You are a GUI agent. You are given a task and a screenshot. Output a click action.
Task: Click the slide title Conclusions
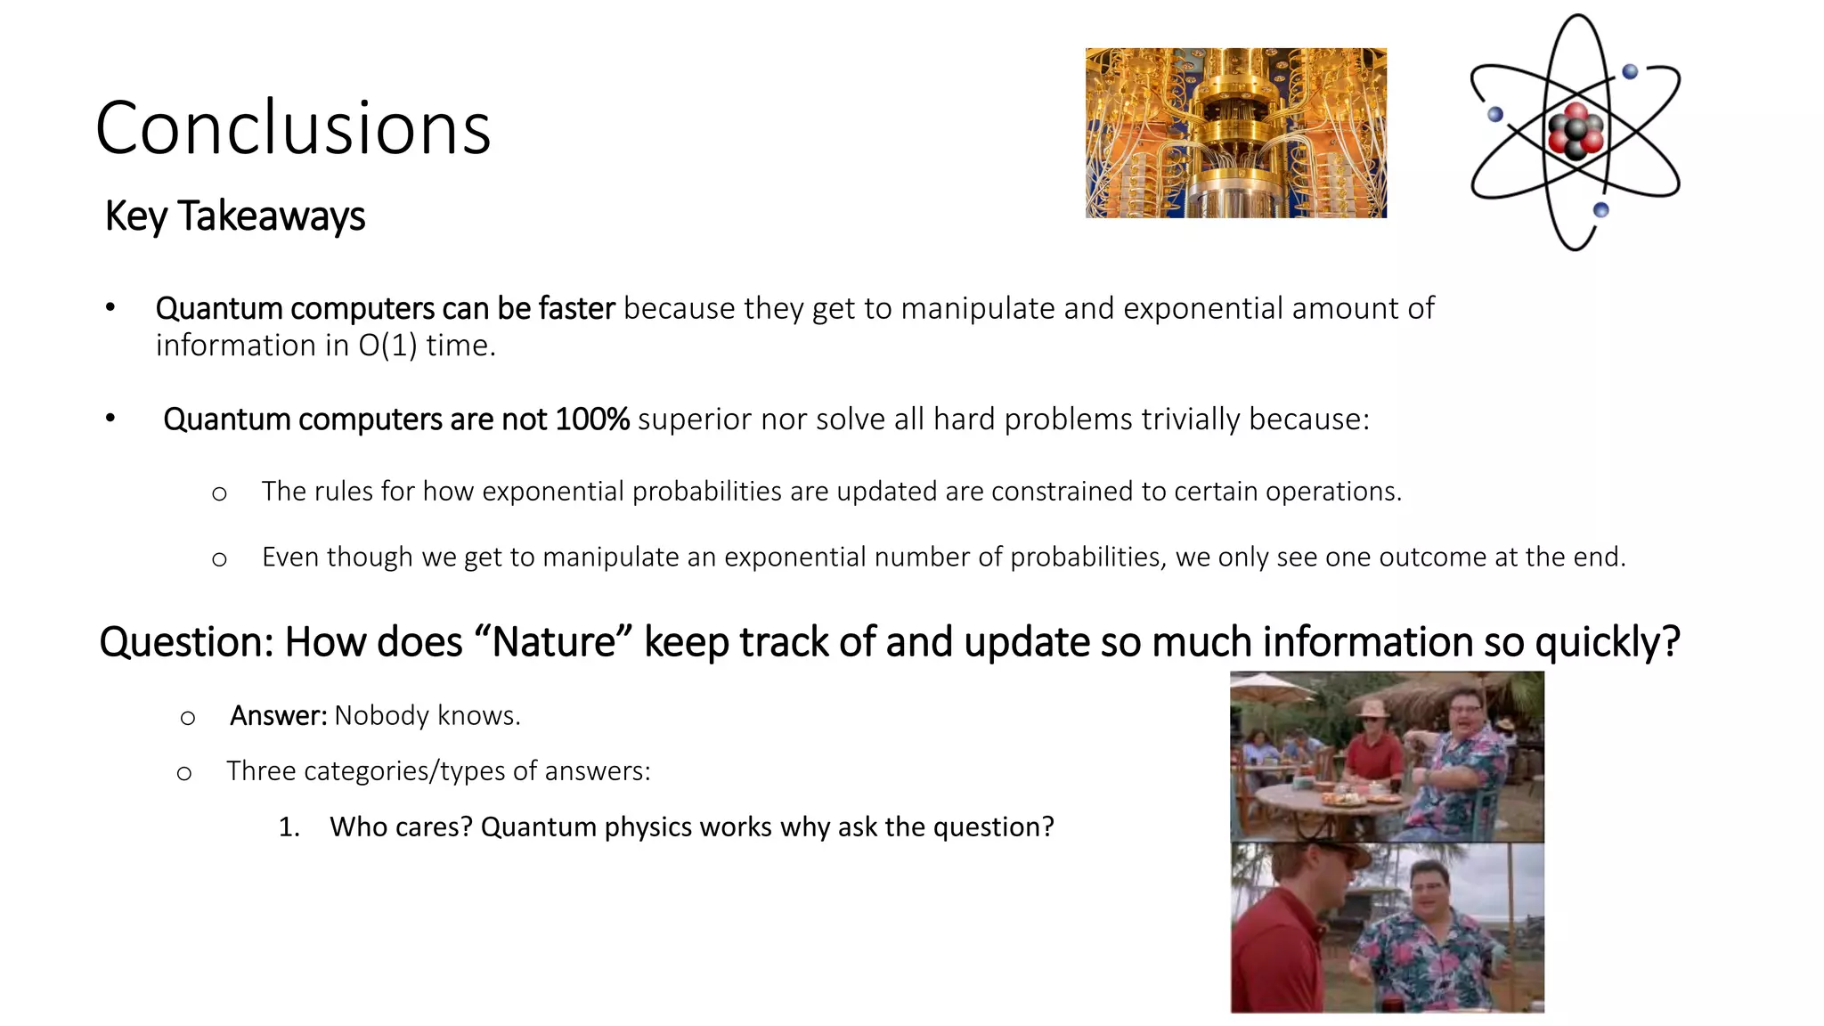(x=293, y=128)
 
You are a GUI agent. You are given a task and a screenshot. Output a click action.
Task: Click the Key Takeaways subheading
(x=235, y=216)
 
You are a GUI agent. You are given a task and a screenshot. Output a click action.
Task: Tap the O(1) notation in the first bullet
(x=387, y=346)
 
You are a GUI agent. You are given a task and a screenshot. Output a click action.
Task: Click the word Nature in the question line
(x=554, y=642)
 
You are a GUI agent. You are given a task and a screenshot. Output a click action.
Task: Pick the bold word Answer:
(x=278, y=715)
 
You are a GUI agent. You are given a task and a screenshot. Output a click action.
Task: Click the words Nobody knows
(x=427, y=715)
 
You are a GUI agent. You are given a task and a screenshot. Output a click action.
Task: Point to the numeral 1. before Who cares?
(x=288, y=827)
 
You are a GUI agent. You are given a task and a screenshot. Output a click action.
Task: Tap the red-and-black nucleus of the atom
(x=1576, y=133)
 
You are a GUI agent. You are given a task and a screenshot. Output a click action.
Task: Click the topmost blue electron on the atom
(x=1630, y=72)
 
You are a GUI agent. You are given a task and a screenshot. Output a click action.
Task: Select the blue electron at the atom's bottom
(x=1600, y=210)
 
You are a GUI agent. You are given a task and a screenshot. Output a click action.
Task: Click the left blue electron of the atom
(x=1495, y=114)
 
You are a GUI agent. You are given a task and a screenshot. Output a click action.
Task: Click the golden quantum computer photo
(x=1235, y=133)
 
